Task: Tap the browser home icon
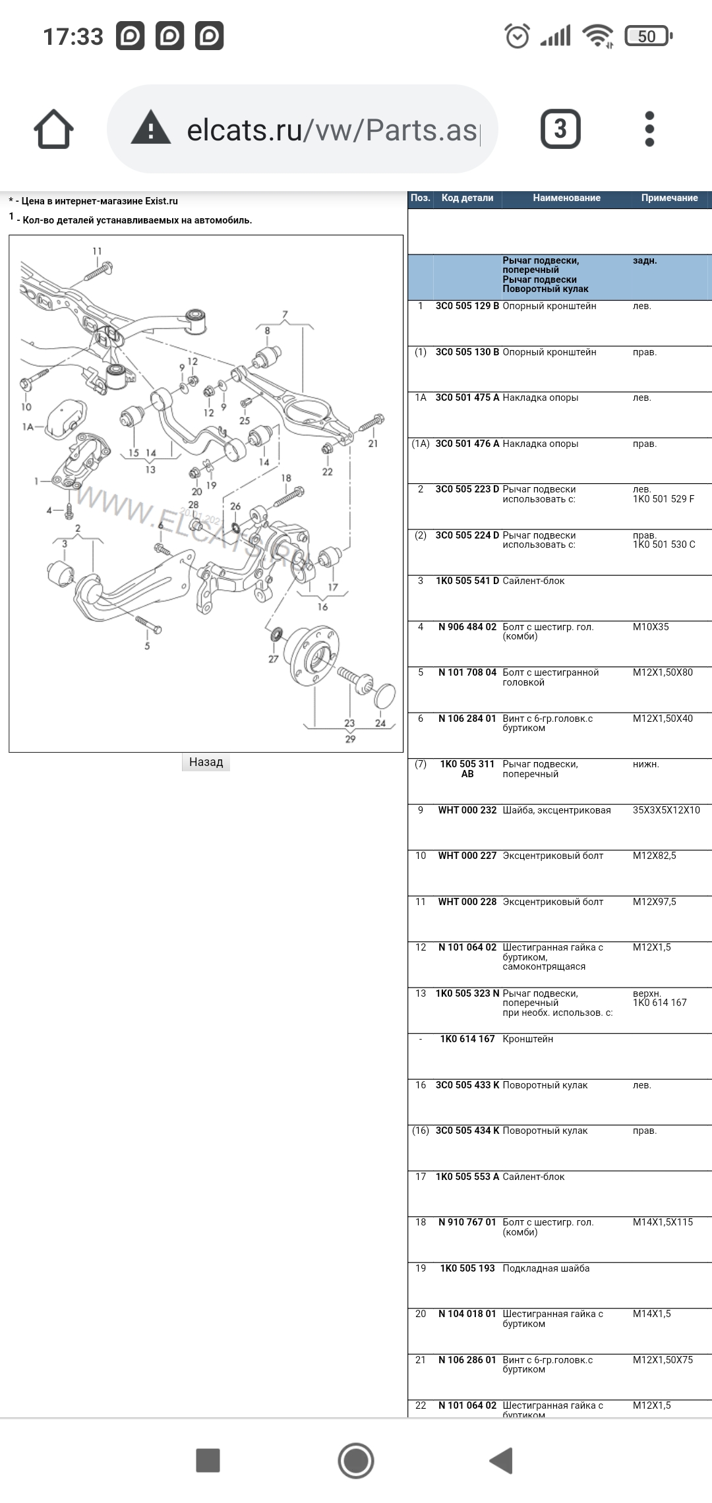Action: coord(54,129)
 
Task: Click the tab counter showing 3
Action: coord(560,129)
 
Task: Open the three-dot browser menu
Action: coord(649,129)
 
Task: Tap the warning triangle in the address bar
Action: coord(151,129)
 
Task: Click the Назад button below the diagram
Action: coord(206,762)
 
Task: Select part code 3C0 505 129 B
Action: coord(467,307)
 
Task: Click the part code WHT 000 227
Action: coord(467,856)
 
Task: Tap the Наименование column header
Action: coord(566,198)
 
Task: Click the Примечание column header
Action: coord(669,198)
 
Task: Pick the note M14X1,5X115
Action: coord(663,1222)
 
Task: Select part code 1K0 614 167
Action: coord(467,1039)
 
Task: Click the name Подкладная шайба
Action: coord(546,1268)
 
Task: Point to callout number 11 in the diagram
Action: coord(98,251)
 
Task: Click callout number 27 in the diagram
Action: coord(273,659)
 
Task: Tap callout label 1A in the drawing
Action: coord(28,427)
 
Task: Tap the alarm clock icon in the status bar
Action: coord(518,36)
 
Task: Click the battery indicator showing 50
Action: coord(647,36)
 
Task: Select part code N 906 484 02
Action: coord(467,627)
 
